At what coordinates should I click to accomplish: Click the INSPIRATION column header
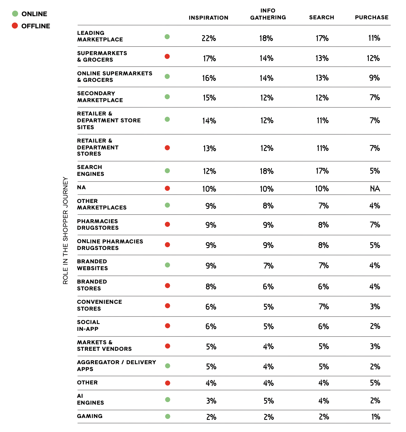point(208,18)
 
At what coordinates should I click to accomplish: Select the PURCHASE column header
point(372,17)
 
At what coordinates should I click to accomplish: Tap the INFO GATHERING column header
point(268,14)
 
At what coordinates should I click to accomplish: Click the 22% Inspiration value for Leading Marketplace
point(209,38)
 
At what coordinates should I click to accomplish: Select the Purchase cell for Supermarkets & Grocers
point(373,58)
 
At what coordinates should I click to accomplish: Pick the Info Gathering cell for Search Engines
point(267,171)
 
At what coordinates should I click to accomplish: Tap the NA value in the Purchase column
point(375,189)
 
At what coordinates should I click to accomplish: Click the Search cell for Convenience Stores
point(324,307)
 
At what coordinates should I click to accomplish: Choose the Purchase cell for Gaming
point(375,417)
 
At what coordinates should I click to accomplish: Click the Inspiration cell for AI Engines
point(211,401)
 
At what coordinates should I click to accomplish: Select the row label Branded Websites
point(92,265)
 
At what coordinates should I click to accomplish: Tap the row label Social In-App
point(88,325)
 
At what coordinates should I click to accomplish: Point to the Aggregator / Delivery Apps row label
point(116,365)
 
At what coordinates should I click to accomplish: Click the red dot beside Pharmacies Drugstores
point(167,224)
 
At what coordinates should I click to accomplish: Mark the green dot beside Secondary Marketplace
point(167,97)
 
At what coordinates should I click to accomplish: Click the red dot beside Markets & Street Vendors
point(167,346)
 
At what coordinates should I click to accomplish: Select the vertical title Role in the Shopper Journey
point(65,230)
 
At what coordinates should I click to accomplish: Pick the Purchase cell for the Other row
point(375,383)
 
